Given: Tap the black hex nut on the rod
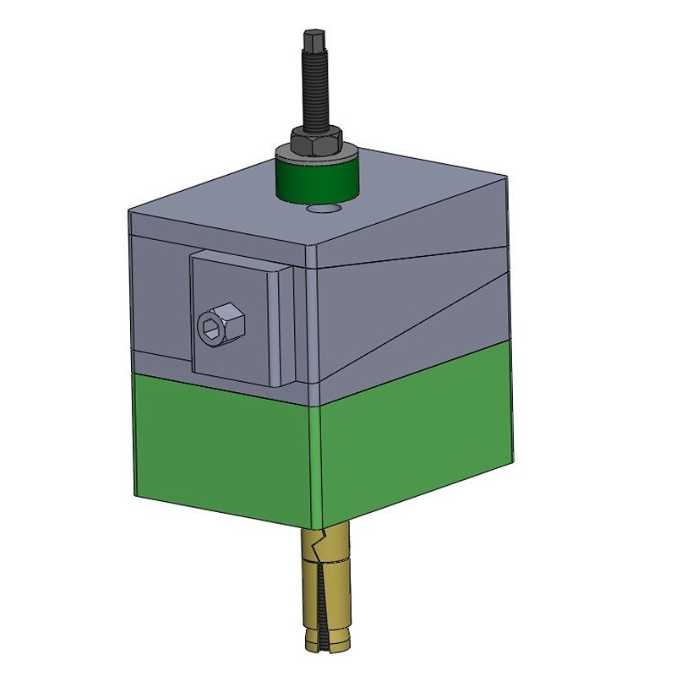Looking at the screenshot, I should pyautogui.click(x=316, y=139).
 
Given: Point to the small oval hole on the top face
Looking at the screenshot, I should pyautogui.click(x=324, y=207).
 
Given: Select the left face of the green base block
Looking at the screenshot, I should pyautogui.click(x=224, y=448).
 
